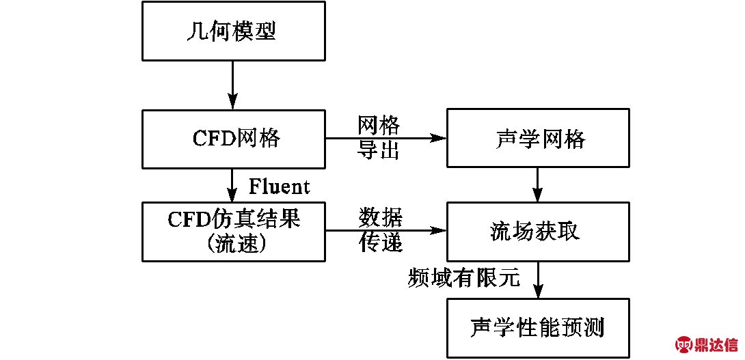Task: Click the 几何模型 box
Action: pyautogui.click(x=232, y=31)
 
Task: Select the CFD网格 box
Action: pyautogui.click(x=232, y=139)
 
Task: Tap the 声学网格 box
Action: pyautogui.click(x=538, y=139)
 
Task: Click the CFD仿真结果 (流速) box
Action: pyautogui.click(x=232, y=231)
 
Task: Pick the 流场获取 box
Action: pyautogui.click(x=538, y=231)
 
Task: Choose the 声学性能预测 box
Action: pyautogui.click(x=538, y=328)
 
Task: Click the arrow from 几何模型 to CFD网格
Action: pyautogui.click(x=232, y=85)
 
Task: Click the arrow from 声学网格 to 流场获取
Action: pyautogui.click(x=538, y=185)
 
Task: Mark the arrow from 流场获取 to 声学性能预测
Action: pyautogui.click(x=538, y=279)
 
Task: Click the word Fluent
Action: pyautogui.click(x=279, y=186)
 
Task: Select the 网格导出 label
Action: pyautogui.click(x=379, y=138)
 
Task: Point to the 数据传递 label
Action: pyautogui.click(x=381, y=231)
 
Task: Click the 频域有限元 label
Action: pyautogui.click(x=464, y=277)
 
